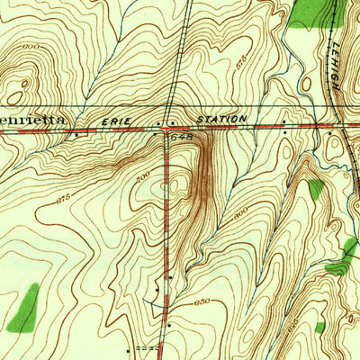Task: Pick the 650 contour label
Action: (x=203, y=304)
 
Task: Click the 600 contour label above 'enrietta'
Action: (x=32, y=46)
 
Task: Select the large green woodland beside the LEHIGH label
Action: (x=306, y=12)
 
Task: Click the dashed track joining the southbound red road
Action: (x=144, y=346)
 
